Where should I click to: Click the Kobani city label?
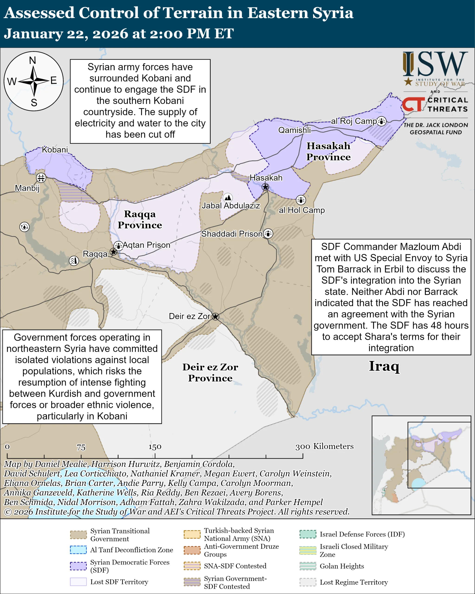pyautogui.click(x=55, y=150)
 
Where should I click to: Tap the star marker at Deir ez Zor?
pyautogui.click(x=215, y=316)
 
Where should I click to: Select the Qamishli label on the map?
pyautogui.click(x=294, y=130)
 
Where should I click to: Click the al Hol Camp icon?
pyautogui.click(x=301, y=200)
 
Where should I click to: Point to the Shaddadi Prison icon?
pyautogui.click(x=268, y=234)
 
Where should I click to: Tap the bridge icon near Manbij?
pyautogui.click(x=41, y=178)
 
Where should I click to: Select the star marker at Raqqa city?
pyautogui.click(x=113, y=252)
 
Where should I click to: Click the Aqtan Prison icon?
pyautogui.click(x=119, y=245)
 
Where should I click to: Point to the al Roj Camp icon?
pyautogui.click(x=381, y=121)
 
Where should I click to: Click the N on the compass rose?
pyautogui.click(x=32, y=60)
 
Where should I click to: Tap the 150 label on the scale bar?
pyautogui.click(x=155, y=447)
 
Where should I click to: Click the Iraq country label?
pyautogui.click(x=384, y=366)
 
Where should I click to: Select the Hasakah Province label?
pyautogui.click(x=328, y=151)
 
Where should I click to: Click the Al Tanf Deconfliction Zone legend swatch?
pyautogui.click(x=78, y=550)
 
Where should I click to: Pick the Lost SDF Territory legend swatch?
pyautogui.click(x=78, y=582)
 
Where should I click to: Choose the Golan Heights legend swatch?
pyautogui.click(x=308, y=566)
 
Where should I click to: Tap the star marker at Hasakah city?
pyautogui.click(x=265, y=187)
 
